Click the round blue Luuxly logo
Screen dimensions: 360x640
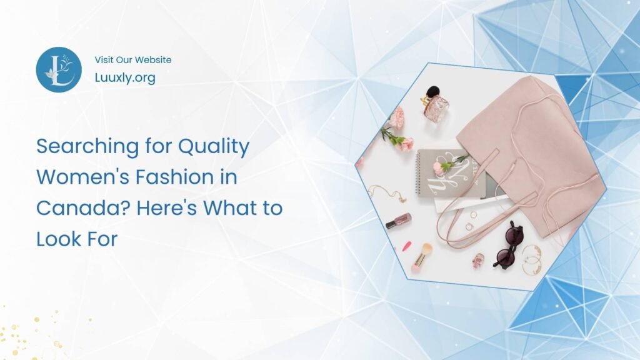coord(59,70)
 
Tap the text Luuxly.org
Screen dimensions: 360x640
coord(125,78)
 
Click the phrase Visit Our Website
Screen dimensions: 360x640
coord(133,60)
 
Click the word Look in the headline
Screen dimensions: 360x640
coord(54,239)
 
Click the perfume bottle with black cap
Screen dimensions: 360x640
coord(435,103)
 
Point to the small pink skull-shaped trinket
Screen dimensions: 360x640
coord(478,259)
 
